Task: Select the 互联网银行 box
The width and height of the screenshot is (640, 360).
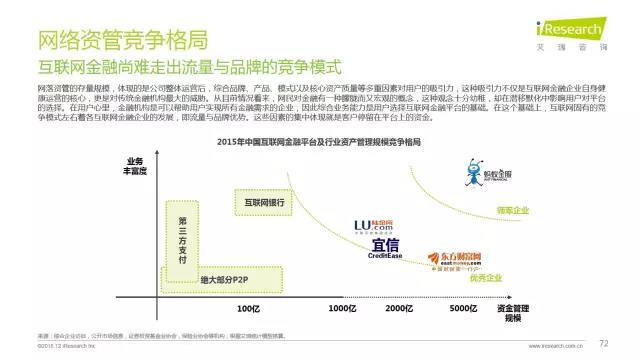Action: point(264,201)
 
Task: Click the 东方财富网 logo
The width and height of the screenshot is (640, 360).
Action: point(453,261)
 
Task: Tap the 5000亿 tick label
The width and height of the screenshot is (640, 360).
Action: point(462,309)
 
